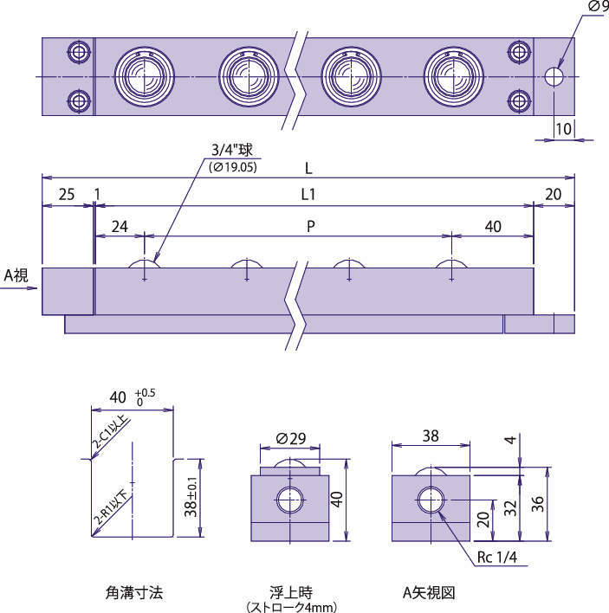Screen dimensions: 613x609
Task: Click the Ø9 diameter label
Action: click(x=597, y=7)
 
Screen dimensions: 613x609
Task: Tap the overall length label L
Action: click(x=308, y=165)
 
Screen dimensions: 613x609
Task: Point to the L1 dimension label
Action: click(x=308, y=196)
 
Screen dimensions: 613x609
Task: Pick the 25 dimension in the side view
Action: click(x=66, y=196)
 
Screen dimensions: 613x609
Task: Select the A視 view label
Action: click(x=16, y=275)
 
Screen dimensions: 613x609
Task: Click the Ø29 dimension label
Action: click(x=293, y=439)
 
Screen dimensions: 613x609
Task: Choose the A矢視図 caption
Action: click(x=429, y=593)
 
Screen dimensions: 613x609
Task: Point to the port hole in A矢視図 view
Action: click(x=430, y=500)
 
